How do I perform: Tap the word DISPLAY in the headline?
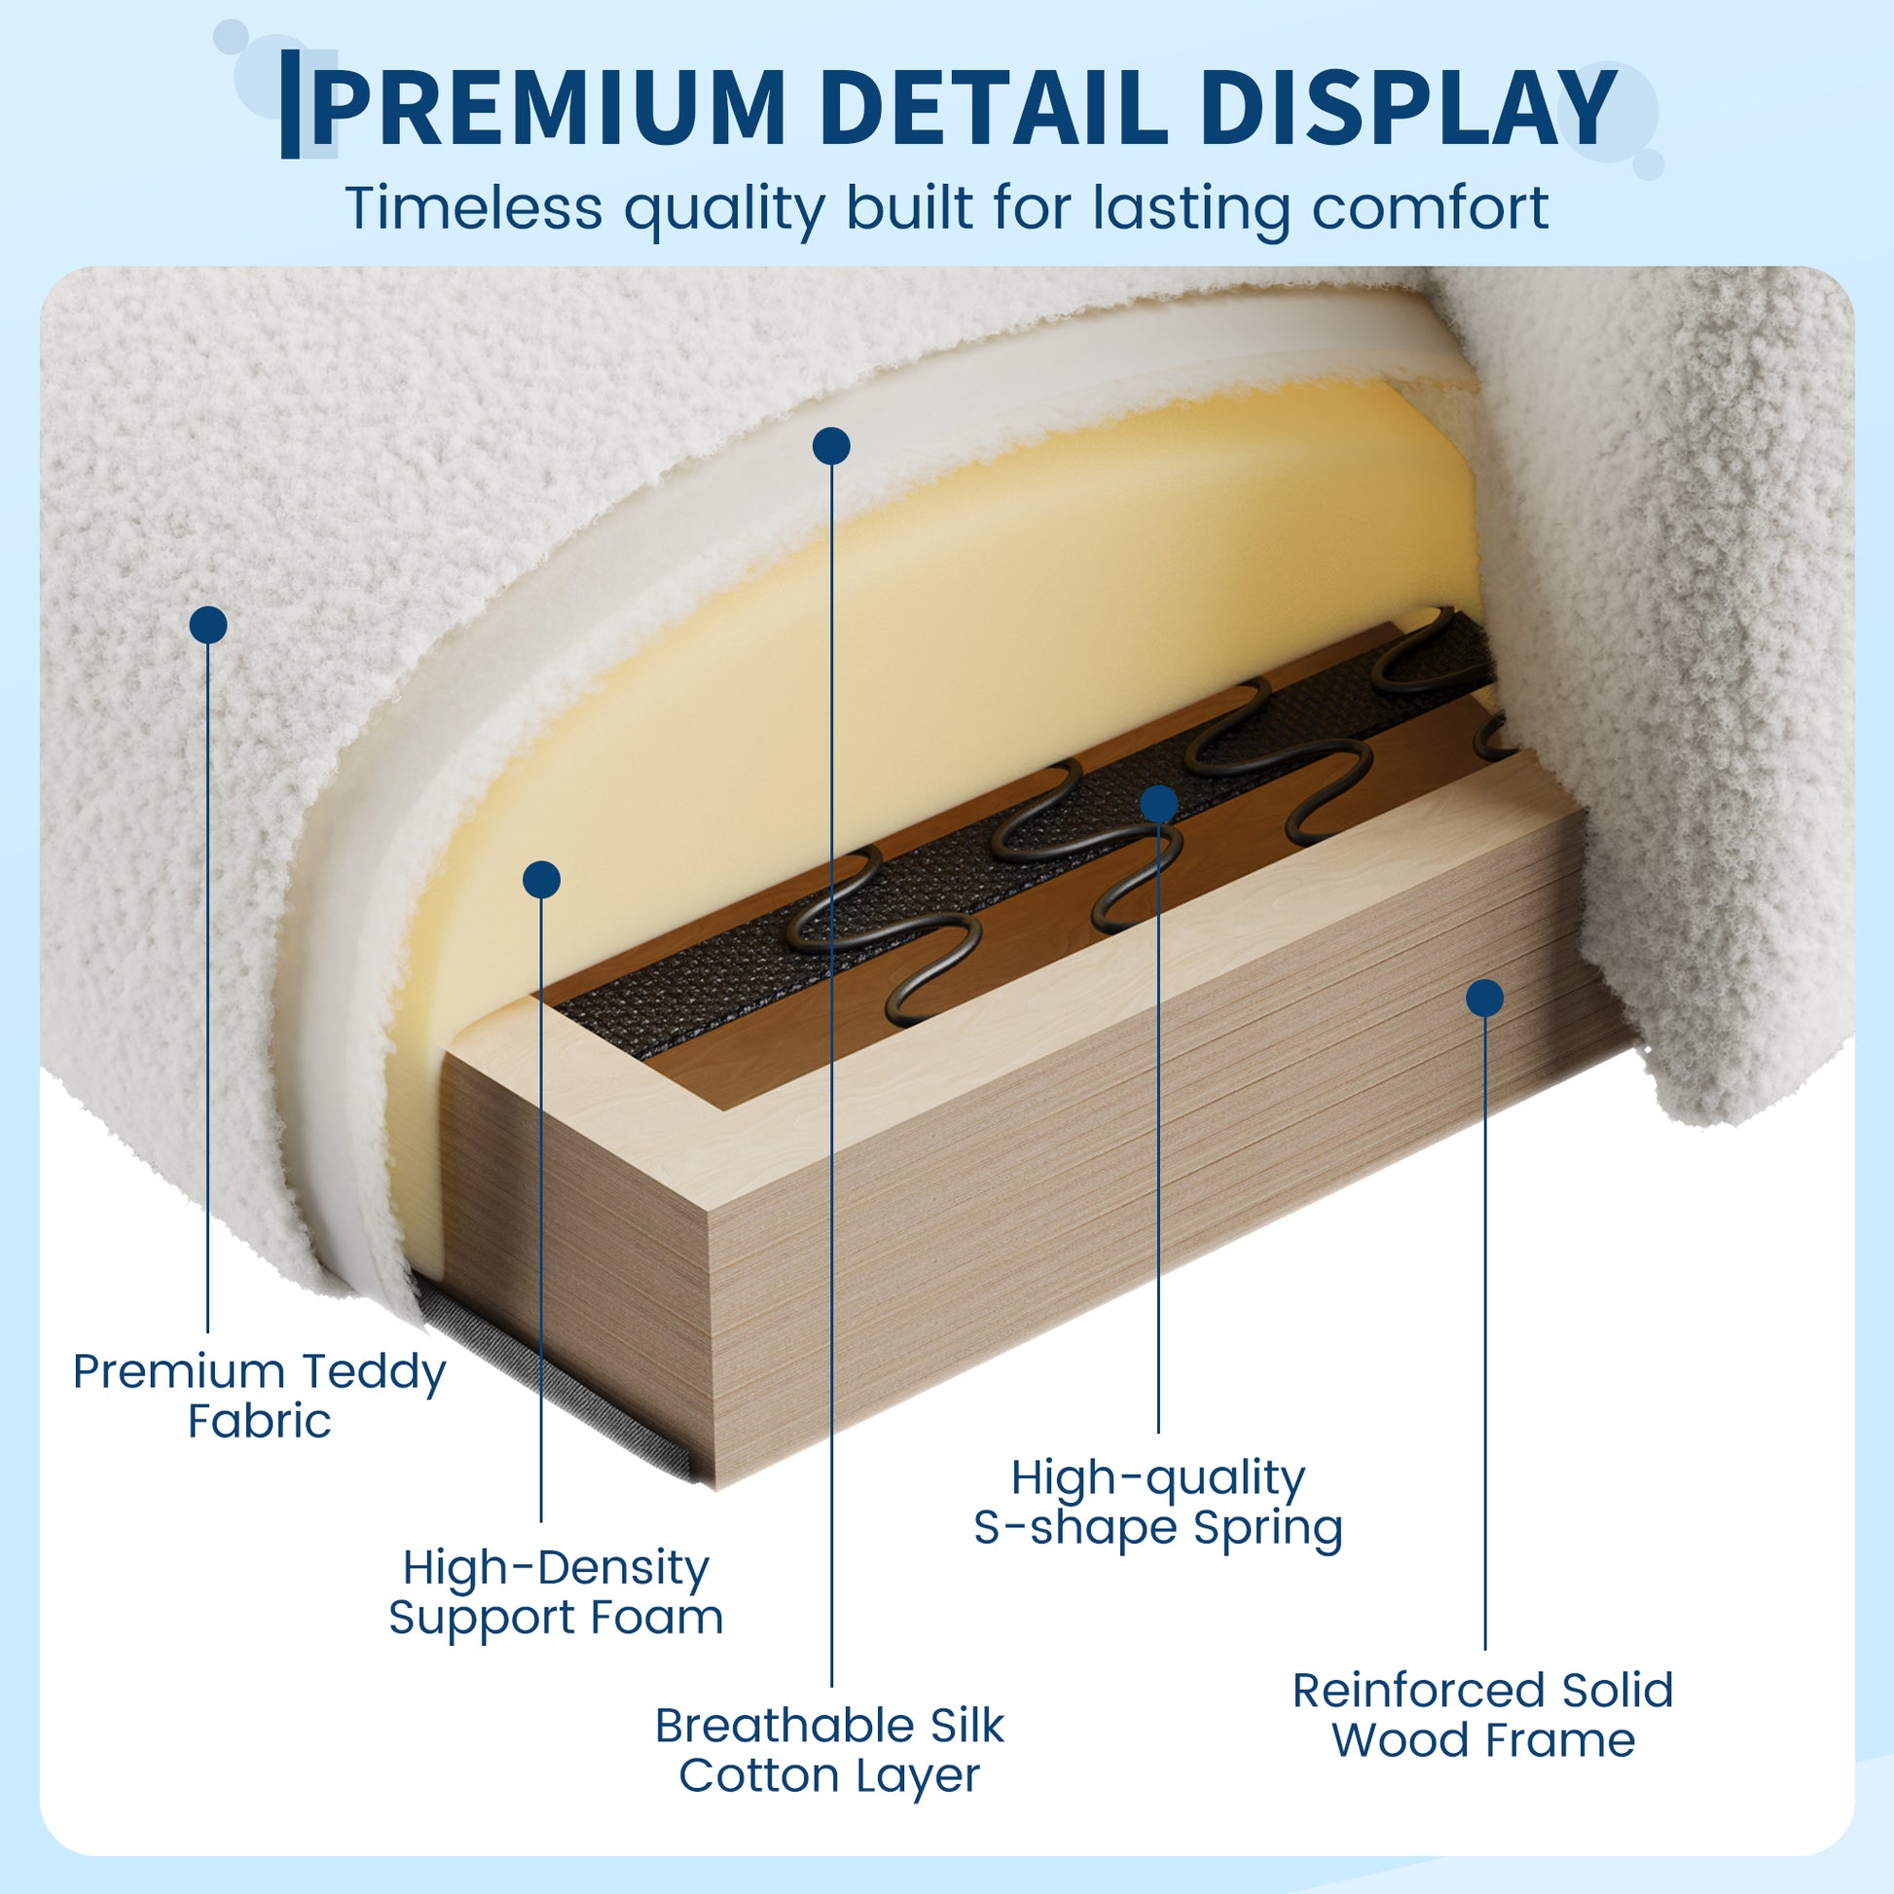pos(1406,106)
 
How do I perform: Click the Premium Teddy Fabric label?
pos(260,1396)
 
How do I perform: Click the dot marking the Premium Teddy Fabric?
pos(208,625)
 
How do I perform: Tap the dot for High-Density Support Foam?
pos(541,880)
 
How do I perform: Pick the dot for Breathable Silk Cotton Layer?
pos(831,446)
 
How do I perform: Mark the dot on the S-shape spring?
pos(1159,804)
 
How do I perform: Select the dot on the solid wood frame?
pos(1485,998)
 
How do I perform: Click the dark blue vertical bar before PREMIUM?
pos(290,104)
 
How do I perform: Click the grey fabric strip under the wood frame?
pos(554,1382)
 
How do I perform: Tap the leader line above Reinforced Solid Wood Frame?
pos(1485,1333)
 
